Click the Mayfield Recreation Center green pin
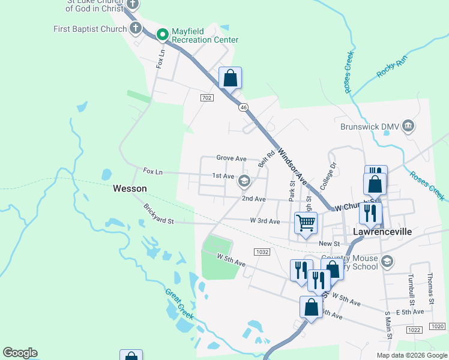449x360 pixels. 161,35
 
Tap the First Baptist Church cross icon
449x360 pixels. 136,28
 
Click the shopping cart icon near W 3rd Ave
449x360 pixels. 306,223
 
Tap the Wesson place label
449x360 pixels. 130,188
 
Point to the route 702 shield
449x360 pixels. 206,98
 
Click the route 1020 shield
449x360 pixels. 438,326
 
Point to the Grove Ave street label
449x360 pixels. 232,158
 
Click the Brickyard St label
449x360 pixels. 158,214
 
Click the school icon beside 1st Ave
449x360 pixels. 244,181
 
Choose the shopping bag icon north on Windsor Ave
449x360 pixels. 230,78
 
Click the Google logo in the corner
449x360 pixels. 20,353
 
